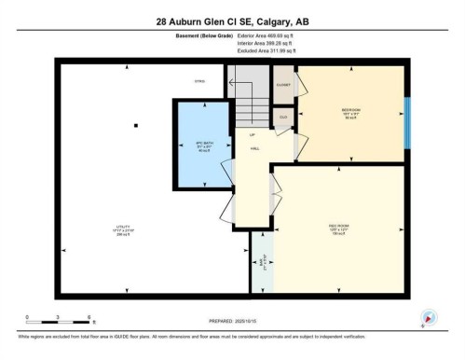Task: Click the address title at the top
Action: (232, 21)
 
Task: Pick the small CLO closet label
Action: (283, 117)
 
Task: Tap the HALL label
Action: (253, 147)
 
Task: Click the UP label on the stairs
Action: (252, 135)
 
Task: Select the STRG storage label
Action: (198, 82)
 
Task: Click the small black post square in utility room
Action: (136, 125)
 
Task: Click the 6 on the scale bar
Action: (88, 317)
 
